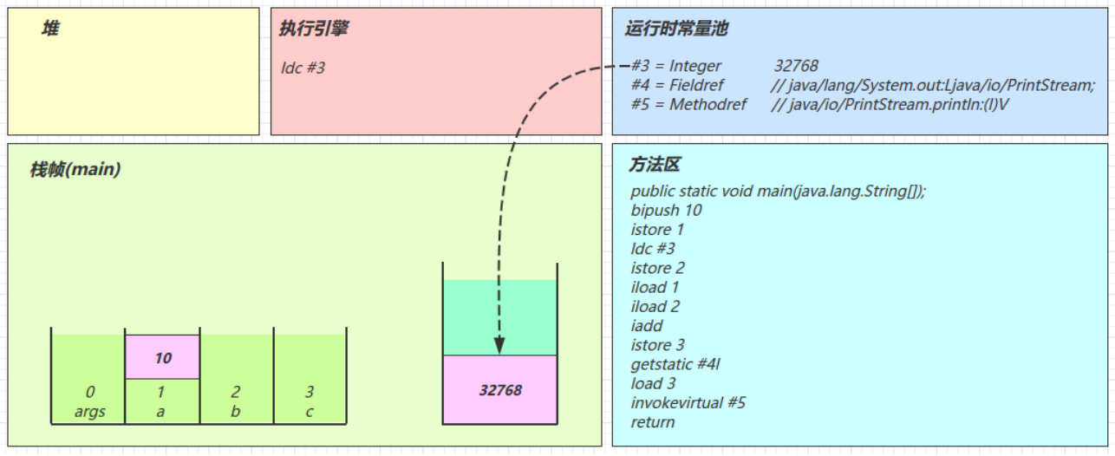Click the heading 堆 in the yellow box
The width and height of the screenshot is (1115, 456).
tap(51, 29)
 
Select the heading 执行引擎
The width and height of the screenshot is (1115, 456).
tap(313, 29)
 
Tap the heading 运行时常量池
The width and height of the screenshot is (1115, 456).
tap(676, 29)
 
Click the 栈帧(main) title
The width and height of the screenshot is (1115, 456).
tap(75, 170)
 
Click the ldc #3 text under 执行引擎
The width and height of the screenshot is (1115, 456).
tap(303, 67)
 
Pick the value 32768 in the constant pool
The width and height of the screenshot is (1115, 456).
tap(796, 66)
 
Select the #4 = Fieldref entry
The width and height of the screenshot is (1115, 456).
tap(677, 85)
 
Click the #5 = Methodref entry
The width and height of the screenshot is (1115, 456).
tap(684, 104)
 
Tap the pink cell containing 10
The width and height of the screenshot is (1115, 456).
tap(163, 357)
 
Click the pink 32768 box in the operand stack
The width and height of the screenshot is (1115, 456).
tap(500, 390)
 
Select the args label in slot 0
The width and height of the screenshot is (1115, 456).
tap(89, 412)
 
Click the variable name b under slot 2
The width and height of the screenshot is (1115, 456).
tap(236, 412)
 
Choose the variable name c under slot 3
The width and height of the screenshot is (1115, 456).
tap(310, 412)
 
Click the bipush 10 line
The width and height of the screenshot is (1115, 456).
tap(666, 211)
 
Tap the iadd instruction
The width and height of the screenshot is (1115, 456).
tap(647, 326)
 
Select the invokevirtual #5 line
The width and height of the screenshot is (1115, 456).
tap(688, 403)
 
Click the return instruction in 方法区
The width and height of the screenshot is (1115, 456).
tap(653, 422)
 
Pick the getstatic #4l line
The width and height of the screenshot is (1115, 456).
tap(675, 364)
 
